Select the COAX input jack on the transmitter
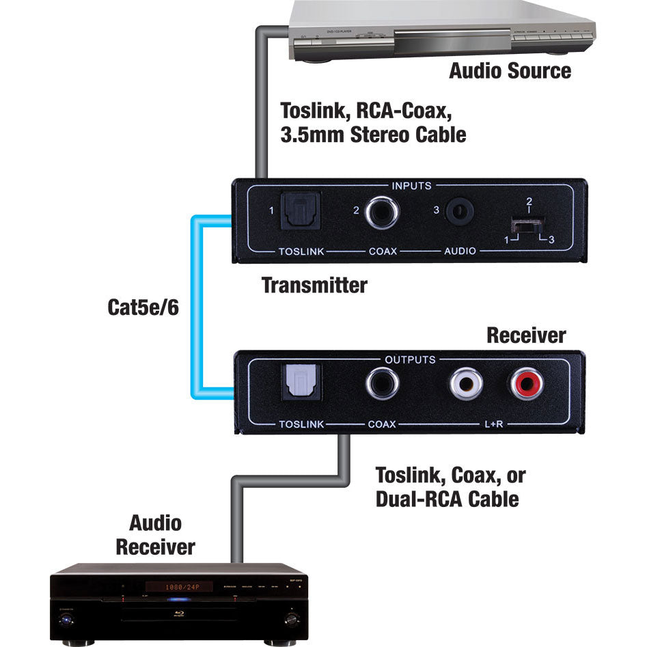381,212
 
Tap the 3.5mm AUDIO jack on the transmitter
459,212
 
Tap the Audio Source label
510,70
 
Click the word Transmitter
314,286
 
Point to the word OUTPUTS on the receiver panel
410,359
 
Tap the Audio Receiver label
155,535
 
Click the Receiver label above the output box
525,335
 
